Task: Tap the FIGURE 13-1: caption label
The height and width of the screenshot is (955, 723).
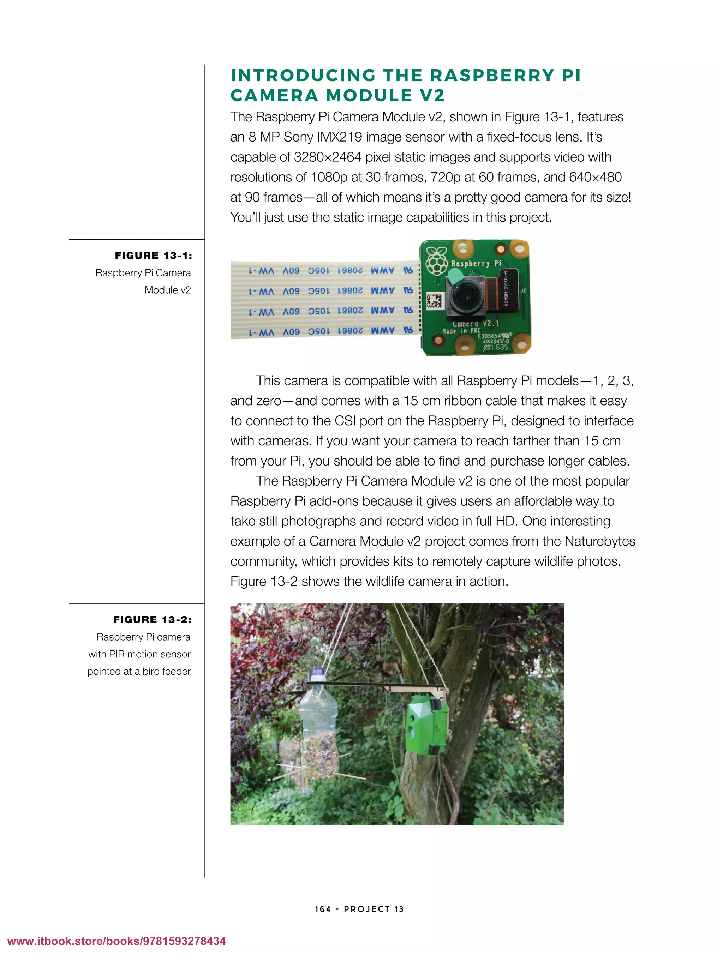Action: pos(153,256)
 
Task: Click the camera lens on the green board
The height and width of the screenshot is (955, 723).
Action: pos(464,295)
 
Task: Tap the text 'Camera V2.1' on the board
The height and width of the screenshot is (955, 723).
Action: pos(475,323)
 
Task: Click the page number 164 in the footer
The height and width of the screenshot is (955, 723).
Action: pos(323,909)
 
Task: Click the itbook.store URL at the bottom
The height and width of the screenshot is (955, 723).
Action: pos(116,941)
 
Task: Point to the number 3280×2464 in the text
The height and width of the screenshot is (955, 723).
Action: pos(327,157)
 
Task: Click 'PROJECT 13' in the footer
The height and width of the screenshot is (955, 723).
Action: pos(374,909)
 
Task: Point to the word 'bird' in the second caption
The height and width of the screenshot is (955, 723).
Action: pos(151,671)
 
